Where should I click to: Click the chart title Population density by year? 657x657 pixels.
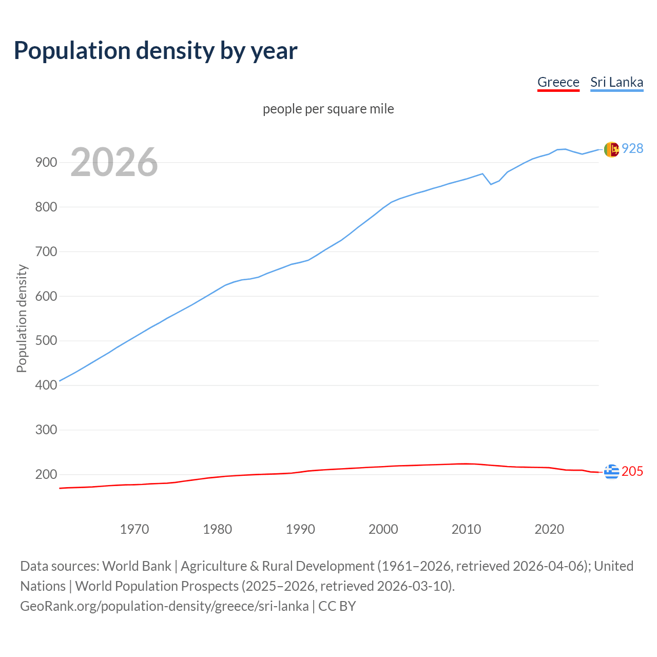156,51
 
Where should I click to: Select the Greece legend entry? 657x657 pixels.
558,82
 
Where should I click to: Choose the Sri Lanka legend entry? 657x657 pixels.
616,82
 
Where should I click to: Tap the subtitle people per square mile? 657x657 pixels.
328,109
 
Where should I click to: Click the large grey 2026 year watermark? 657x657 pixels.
114,162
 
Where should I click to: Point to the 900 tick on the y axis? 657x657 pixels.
46,163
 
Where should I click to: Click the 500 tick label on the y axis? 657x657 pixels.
46,341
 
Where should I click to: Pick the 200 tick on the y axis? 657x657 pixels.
46,474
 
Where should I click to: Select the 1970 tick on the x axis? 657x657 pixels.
134,529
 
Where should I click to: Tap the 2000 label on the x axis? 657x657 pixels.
383,529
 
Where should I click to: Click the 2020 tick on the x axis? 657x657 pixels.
549,529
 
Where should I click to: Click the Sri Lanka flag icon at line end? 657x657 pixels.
611,149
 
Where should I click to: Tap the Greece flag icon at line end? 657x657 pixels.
611,471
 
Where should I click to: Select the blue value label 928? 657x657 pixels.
632,149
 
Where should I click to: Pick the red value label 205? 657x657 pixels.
632,471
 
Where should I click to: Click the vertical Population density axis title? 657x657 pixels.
22,318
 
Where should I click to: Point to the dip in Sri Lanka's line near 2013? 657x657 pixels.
491,184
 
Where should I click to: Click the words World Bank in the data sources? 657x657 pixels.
137,566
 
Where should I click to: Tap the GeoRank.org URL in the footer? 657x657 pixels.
164,606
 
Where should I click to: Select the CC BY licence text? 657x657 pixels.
337,606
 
